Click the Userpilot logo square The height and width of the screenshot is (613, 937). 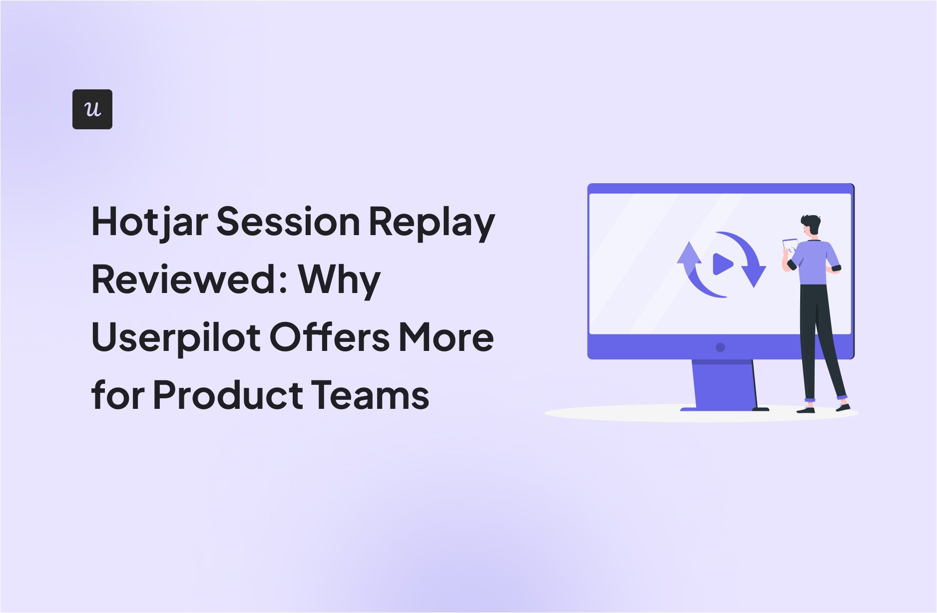(x=92, y=109)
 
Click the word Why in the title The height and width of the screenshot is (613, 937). (x=340, y=281)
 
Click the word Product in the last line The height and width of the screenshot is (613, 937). (x=228, y=394)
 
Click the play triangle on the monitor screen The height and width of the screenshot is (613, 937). (x=722, y=264)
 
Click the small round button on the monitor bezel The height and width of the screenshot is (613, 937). (x=720, y=347)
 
